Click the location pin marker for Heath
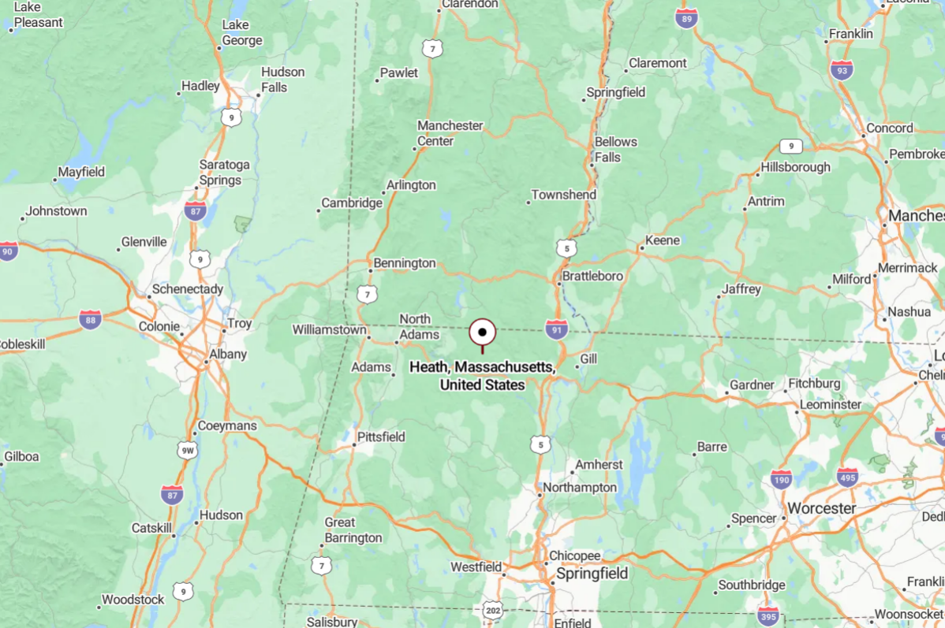482,333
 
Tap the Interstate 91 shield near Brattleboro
556,329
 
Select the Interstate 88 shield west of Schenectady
90,319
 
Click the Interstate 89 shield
686,19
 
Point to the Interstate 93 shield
842,70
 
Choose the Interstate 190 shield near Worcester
781,478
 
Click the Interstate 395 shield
768,615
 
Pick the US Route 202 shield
492,610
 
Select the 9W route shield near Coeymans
187,450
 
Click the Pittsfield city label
381,437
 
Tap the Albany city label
228,355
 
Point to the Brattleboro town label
592,277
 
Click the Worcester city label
821,508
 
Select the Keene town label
663,240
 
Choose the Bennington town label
405,263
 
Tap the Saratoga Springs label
225,173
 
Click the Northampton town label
580,488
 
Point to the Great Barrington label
353,530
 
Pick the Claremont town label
658,63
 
